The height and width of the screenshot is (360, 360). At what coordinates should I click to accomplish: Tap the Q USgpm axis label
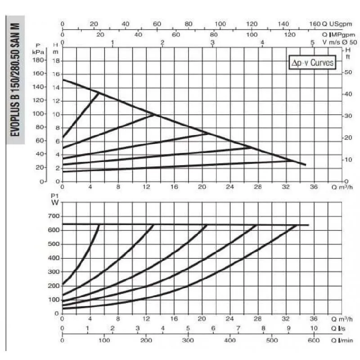(x=335, y=24)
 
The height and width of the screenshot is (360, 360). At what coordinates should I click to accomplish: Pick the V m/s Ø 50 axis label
(x=334, y=43)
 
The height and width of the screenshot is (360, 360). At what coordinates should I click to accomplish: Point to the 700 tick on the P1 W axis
(x=54, y=216)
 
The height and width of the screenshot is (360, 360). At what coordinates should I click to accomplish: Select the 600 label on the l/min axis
(x=314, y=341)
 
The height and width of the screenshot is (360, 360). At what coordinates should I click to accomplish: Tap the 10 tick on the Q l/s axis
(x=314, y=328)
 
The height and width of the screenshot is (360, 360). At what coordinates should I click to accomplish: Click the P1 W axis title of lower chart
(x=55, y=199)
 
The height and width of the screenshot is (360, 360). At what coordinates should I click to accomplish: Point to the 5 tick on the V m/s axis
(x=312, y=43)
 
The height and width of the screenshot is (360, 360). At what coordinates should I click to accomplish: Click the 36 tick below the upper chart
(x=314, y=187)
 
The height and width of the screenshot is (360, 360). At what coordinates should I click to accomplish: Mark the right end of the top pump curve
(x=306, y=165)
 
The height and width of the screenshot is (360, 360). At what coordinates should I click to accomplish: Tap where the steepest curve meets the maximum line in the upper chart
(x=99, y=93)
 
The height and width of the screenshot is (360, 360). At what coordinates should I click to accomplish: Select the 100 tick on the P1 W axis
(x=54, y=300)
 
